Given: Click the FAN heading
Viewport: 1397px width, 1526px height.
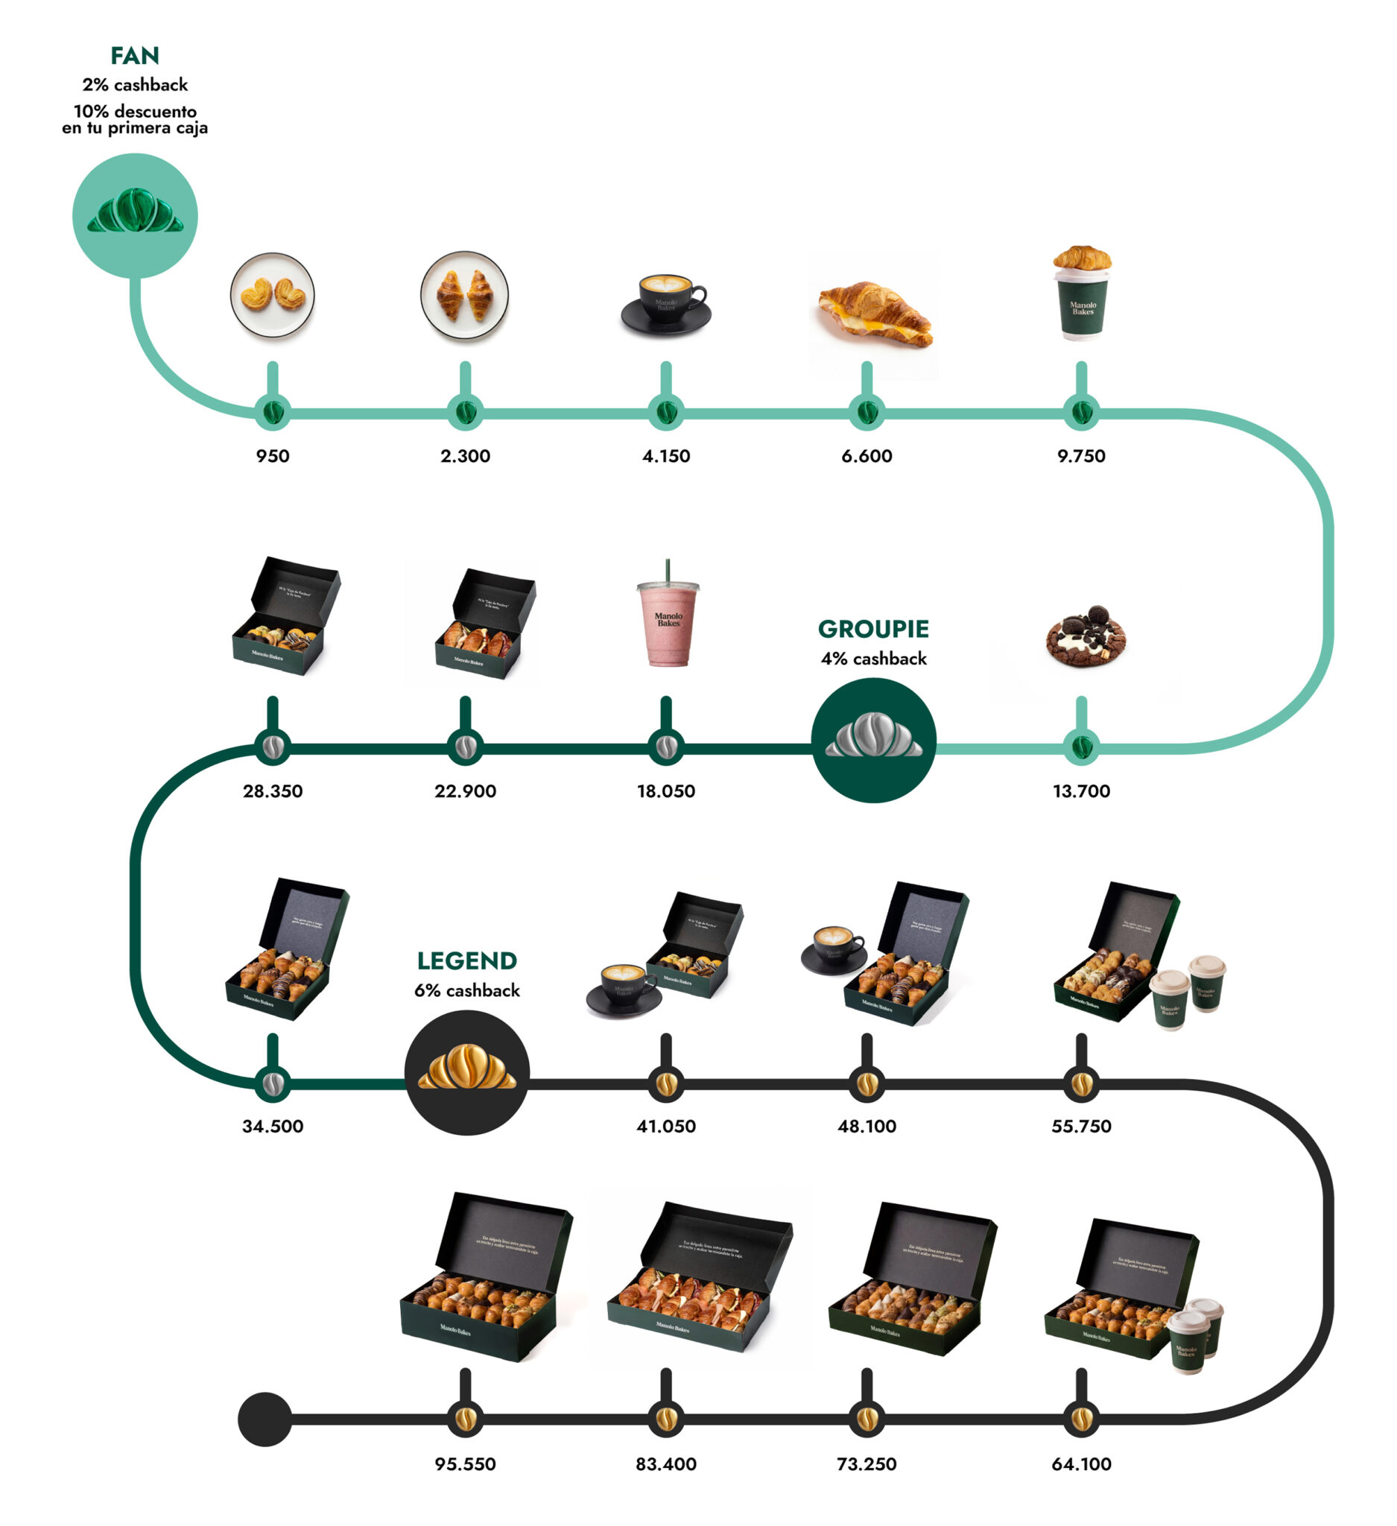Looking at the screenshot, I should (x=135, y=56).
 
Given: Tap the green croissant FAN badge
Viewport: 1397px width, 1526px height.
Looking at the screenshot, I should (x=135, y=216).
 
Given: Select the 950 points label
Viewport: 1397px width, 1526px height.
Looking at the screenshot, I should (x=273, y=456).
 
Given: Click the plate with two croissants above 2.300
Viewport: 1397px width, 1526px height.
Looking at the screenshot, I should (x=465, y=295).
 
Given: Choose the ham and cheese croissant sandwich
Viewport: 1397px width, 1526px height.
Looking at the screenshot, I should (x=874, y=314).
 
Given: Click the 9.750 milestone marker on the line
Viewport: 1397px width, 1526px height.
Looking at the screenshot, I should (x=1080, y=413).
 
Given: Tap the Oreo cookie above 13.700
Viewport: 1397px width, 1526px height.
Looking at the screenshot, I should (x=1087, y=637).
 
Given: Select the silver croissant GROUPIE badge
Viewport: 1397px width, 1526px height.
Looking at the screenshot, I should (x=873, y=740).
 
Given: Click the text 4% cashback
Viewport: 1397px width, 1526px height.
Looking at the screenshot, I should (x=873, y=659).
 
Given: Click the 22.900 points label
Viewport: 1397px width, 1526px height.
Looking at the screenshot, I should (x=465, y=791).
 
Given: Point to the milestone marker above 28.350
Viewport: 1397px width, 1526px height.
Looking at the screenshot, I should (x=273, y=747).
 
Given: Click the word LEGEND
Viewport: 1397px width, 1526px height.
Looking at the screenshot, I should (x=467, y=960).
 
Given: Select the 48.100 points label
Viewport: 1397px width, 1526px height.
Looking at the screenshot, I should (x=867, y=1127).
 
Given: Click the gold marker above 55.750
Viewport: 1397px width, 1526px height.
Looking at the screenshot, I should (x=1080, y=1083).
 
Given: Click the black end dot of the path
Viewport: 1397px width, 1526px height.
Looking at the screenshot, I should (x=264, y=1419).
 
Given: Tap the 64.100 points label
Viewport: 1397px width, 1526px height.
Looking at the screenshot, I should (x=1080, y=1464).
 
